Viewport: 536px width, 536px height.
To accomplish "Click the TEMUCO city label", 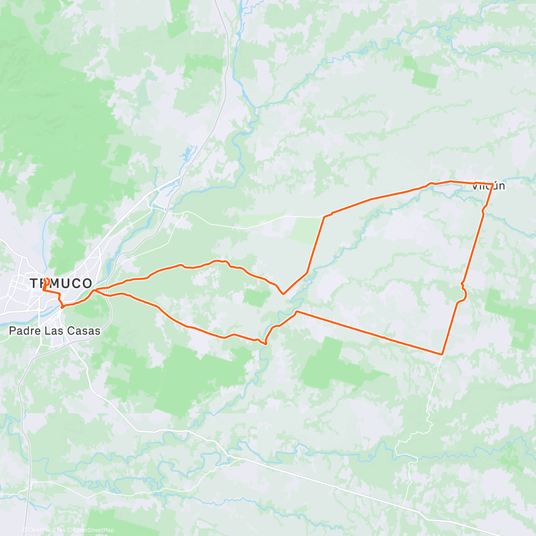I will pyautogui.click(x=61, y=283).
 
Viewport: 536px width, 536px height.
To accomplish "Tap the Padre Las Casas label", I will pyautogui.click(x=54, y=331).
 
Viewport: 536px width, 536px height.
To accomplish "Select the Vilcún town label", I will pyautogui.click(x=489, y=186).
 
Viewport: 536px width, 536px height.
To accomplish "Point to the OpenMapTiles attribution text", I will pyautogui.click(x=46, y=530).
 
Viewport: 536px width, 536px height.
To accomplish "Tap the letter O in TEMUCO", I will pyautogui.click(x=87, y=283).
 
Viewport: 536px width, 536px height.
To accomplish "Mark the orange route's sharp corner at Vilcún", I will pyautogui.click(x=492, y=184).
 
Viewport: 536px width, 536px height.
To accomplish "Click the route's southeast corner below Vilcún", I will pyautogui.click(x=442, y=354).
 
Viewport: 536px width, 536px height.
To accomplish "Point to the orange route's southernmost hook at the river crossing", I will pyautogui.click(x=266, y=343).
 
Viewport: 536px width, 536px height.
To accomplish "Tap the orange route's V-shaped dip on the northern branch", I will pyautogui.click(x=283, y=293).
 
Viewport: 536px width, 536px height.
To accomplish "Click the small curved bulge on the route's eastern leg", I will pyautogui.click(x=465, y=293).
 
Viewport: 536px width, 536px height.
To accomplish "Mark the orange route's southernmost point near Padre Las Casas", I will pyautogui.click(x=62, y=307).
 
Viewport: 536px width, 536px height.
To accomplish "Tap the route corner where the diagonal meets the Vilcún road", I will pyautogui.click(x=324, y=217).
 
